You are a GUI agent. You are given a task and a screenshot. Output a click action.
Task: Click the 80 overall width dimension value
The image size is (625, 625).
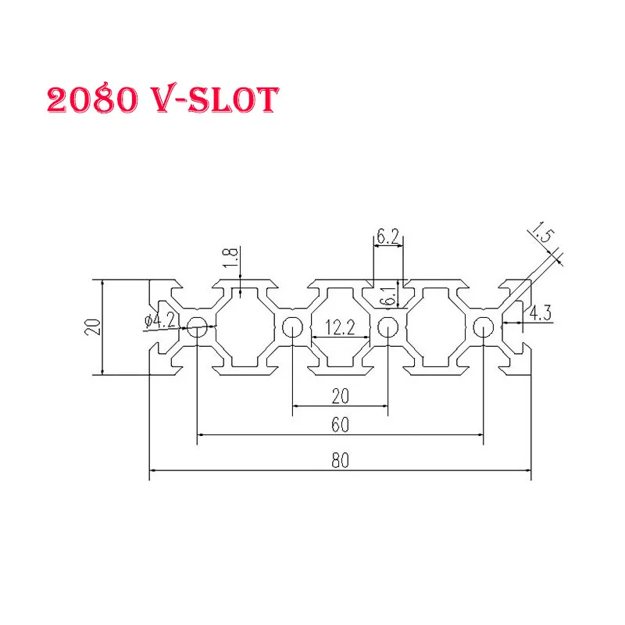[339, 460]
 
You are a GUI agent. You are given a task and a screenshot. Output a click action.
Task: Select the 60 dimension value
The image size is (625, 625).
[339, 424]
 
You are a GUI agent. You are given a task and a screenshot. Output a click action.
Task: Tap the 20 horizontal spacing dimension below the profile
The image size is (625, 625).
[339, 396]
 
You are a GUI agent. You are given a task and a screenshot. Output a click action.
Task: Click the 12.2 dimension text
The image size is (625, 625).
[339, 329]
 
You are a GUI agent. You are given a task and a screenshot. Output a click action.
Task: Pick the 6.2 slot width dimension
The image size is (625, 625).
[389, 234]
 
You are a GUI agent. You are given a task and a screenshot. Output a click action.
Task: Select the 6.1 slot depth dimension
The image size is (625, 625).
[386, 296]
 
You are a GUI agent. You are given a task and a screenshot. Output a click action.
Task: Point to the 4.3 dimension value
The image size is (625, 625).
[541, 313]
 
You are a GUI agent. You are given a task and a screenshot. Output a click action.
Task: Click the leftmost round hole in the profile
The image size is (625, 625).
[196, 328]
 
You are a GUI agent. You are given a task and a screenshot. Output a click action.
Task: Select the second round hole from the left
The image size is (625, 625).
[292, 328]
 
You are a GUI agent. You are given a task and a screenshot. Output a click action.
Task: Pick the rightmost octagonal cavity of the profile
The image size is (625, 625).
[435, 328]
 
